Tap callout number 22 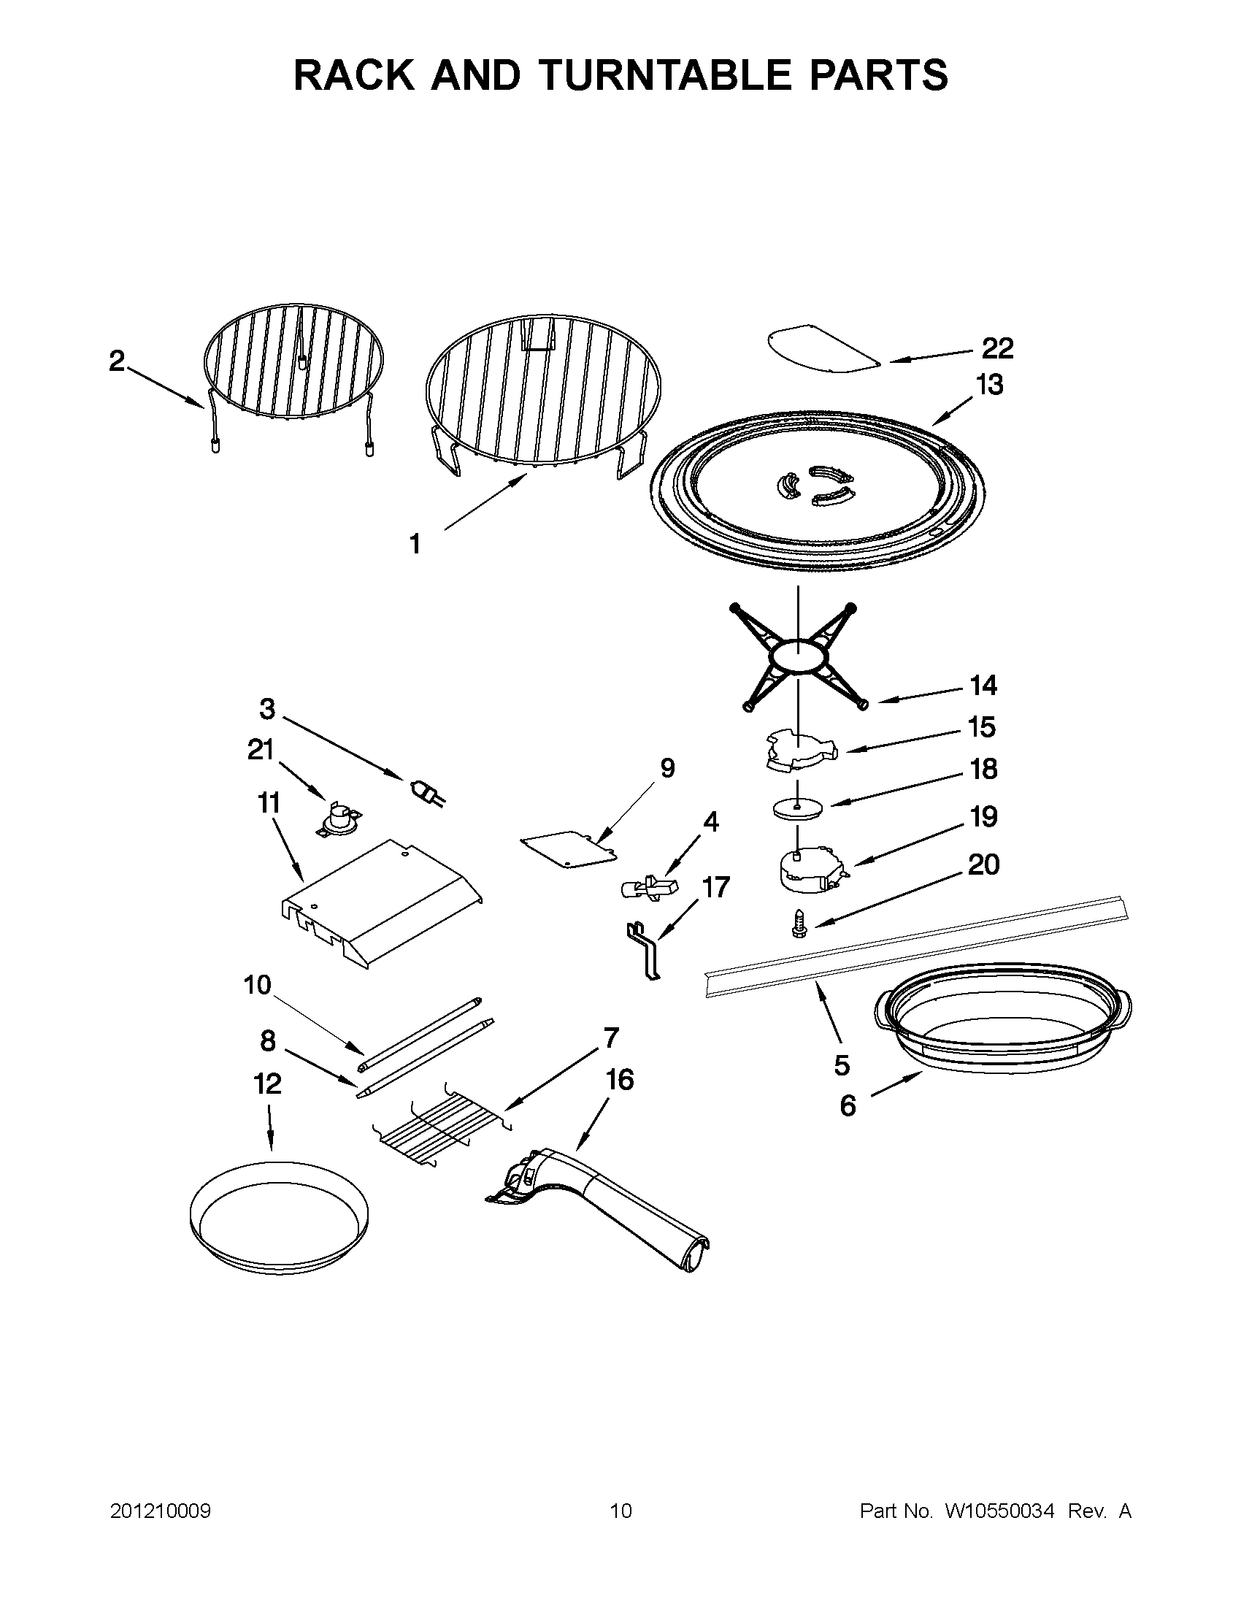pyautogui.click(x=997, y=348)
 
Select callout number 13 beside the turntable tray pyautogui.click(x=989, y=385)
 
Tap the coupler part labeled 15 pyautogui.click(x=798, y=750)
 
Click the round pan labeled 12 pyautogui.click(x=278, y=1214)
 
